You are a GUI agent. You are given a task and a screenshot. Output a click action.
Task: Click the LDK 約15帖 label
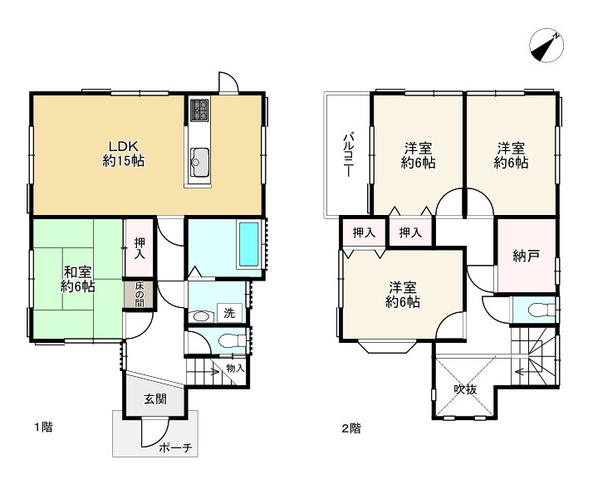point(123,154)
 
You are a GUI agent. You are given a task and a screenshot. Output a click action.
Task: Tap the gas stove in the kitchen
point(199,110)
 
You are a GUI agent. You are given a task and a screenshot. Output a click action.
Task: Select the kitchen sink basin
point(199,163)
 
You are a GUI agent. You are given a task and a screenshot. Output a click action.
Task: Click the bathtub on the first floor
point(248,244)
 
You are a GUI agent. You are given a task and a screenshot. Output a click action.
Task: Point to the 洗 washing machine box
point(229,313)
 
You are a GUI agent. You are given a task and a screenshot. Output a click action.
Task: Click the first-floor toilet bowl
point(231,340)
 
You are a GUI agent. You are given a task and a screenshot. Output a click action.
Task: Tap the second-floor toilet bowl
point(541,310)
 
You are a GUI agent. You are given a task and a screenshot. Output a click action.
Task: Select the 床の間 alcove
point(140,295)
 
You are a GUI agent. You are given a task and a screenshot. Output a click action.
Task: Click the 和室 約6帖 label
point(77,279)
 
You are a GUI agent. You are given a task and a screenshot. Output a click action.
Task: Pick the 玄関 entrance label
point(155,399)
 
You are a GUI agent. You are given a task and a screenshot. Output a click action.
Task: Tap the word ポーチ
point(175,447)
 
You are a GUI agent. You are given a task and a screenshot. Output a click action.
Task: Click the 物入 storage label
point(235,368)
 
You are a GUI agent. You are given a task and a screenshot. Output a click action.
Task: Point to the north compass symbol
point(547,45)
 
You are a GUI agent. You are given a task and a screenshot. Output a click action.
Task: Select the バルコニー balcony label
point(348,154)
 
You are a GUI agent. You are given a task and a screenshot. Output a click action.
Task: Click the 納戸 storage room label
point(526,256)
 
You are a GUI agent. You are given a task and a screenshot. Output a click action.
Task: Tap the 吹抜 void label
point(465,389)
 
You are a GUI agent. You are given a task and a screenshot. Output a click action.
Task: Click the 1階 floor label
point(43,428)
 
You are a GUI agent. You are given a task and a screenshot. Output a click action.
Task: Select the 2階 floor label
point(350,428)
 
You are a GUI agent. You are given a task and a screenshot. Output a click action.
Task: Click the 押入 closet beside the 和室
point(140,248)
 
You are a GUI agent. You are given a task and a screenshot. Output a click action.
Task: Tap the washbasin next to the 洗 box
point(201,316)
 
